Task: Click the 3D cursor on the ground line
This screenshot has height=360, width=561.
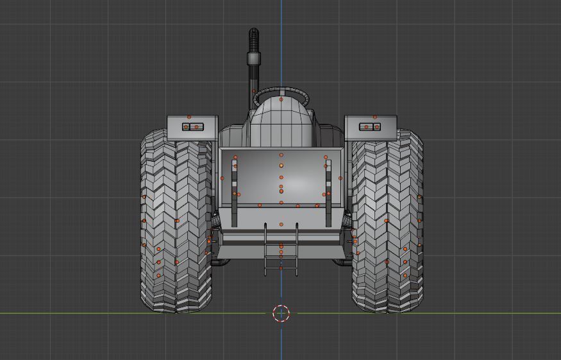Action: tap(281, 313)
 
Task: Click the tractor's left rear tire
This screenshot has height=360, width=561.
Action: tap(176, 221)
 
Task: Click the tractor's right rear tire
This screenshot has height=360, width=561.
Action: tap(387, 221)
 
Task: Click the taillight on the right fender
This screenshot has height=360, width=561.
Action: tap(370, 127)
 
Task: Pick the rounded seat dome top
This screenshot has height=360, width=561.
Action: tap(281, 112)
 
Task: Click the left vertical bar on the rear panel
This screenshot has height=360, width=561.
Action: tap(235, 193)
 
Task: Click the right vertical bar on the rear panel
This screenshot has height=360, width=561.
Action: tap(328, 193)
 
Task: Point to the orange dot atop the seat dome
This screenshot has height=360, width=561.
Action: tap(281, 100)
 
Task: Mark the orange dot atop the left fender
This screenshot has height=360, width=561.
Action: tap(189, 117)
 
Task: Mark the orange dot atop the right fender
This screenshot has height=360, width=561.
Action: tap(375, 117)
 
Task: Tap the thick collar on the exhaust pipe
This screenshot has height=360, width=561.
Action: tap(253, 60)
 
